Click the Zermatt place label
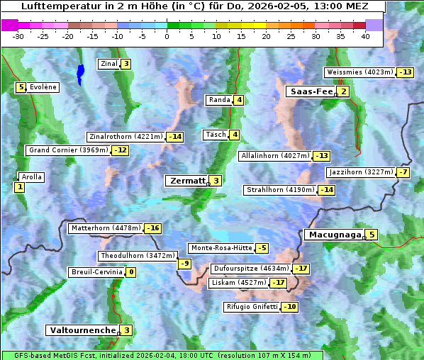point(186,181)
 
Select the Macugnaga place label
point(333,235)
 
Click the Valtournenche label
point(82,330)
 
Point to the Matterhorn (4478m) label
point(105,228)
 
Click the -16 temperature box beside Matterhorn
point(152,228)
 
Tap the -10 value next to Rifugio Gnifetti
point(289,307)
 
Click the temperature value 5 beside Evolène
point(21,87)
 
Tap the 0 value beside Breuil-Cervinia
point(130,272)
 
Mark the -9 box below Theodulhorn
point(184,264)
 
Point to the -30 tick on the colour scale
point(18,36)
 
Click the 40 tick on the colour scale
point(365,36)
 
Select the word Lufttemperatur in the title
point(54,6)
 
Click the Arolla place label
point(32,177)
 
